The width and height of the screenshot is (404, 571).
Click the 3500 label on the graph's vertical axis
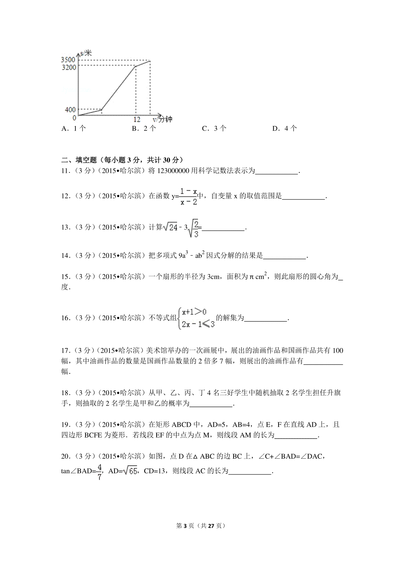tap(68, 60)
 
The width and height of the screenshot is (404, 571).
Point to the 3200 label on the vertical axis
tap(69, 67)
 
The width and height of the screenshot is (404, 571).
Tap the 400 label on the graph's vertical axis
tap(70, 110)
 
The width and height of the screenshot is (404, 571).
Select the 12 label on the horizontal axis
tap(137, 119)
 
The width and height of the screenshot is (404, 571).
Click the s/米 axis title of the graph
tap(86, 53)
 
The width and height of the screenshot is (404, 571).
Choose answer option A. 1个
tap(74, 128)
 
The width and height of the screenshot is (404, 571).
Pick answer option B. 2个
tap(144, 128)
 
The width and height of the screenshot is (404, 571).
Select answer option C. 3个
tap(214, 128)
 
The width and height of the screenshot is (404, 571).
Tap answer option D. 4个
tap(284, 128)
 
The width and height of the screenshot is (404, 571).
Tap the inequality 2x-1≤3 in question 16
tap(198, 324)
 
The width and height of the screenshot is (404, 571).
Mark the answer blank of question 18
tap(211, 404)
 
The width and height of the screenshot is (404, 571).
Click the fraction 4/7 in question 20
tap(99, 471)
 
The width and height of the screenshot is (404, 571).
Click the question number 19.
tap(65, 425)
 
